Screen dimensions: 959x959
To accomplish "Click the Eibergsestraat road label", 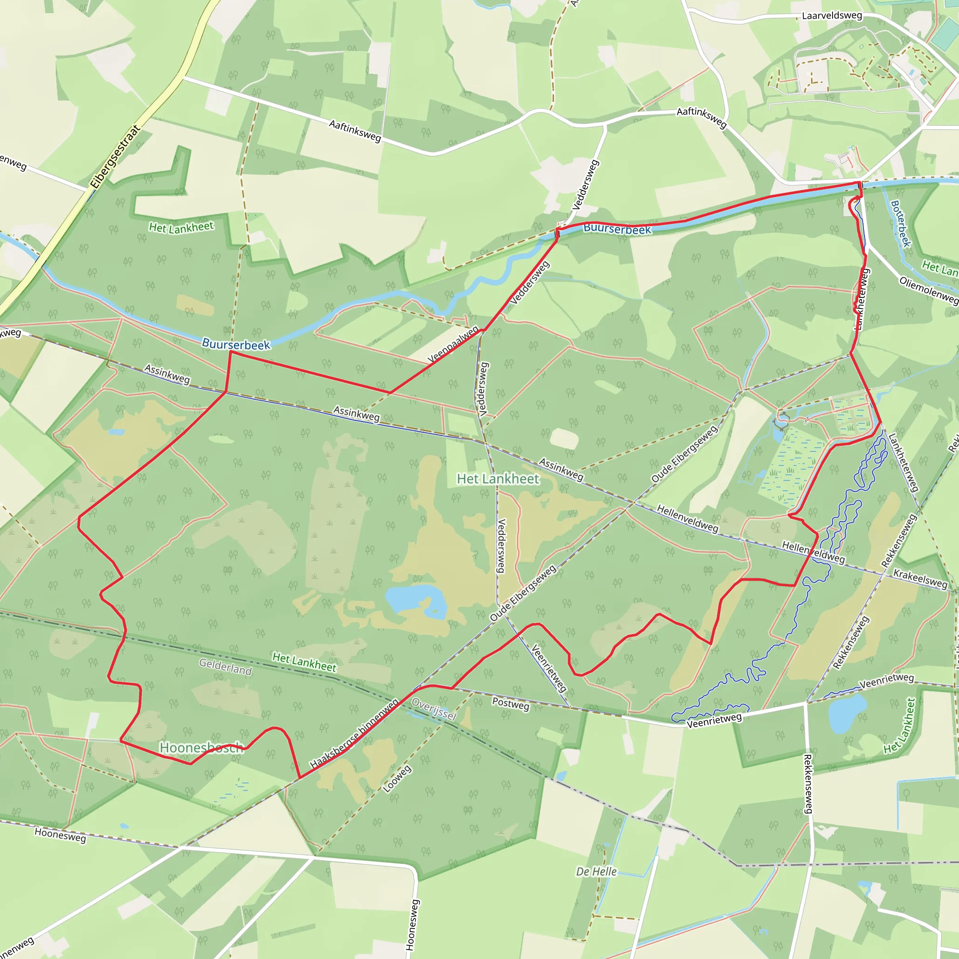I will (x=116, y=157).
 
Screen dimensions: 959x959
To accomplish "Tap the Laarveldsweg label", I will (x=832, y=15).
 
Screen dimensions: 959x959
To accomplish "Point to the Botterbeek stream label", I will (x=900, y=223).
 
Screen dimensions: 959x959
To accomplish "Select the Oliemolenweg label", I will (x=928, y=290).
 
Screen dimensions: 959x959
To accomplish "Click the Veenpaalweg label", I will (x=453, y=344).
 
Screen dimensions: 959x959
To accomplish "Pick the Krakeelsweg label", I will (x=920, y=579).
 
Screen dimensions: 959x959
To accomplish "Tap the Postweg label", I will (x=510, y=704).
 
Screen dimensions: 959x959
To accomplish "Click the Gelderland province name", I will (x=225, y=667).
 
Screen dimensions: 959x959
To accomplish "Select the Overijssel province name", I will (x=434, y=709).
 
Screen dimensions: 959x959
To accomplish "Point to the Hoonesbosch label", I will (x=201, y=747).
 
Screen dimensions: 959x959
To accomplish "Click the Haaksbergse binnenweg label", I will (x=354, y=734).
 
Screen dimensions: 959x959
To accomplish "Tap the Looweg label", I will (x=397, y=779).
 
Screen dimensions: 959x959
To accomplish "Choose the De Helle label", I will (x=596, y=871).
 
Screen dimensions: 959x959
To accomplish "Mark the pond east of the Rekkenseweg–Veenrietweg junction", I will (x=847, y=714).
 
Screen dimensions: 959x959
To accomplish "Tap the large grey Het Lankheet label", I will (x=497, y=479).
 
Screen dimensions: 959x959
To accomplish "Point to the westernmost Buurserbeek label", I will (x=236, y=344).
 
